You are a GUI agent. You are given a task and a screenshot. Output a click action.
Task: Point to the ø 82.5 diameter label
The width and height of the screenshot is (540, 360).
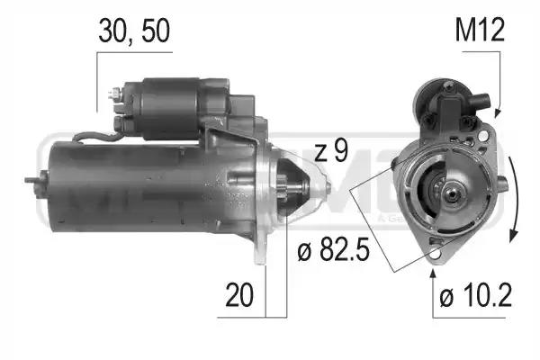(x=333, y=249)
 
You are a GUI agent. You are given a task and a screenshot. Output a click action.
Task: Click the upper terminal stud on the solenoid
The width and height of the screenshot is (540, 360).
(x=114, y=93)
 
